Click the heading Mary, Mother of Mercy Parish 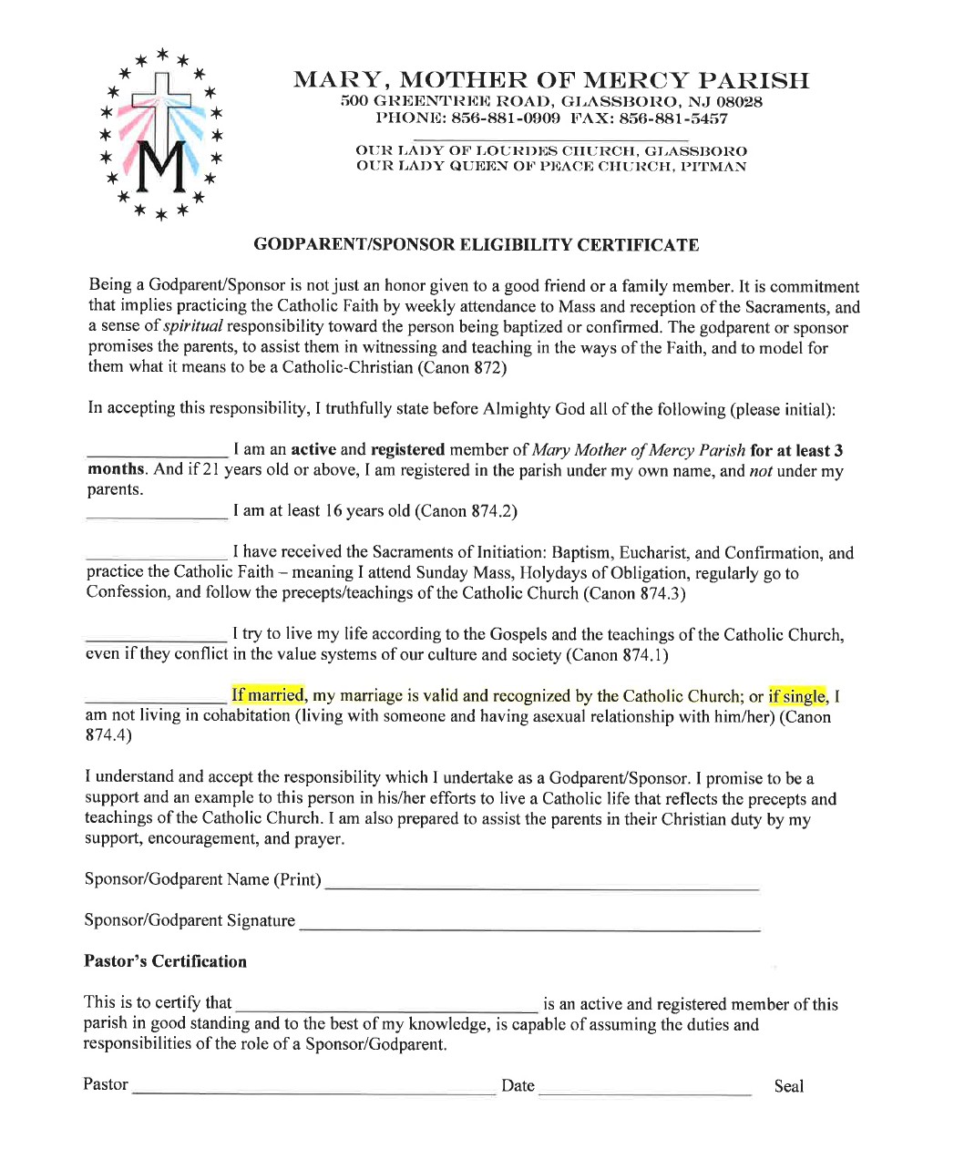(x=550, y=80)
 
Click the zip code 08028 (x=739, y=102)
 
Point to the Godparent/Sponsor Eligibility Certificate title (x=476, y=245)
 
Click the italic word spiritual (x=192, y=326)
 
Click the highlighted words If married (x=267, y=695)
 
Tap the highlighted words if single (x=796, y=696)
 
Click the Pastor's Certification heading (x=165, y=961)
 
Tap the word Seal (x=788, y=1086)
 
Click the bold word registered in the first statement (x=407, y=450)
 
